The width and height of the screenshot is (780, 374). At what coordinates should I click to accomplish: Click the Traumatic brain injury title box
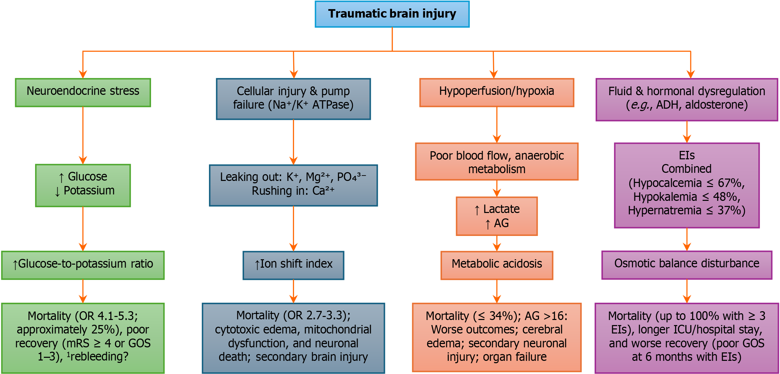[x=392, y=14]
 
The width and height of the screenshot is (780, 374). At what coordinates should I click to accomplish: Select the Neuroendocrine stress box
[x=83, y=92]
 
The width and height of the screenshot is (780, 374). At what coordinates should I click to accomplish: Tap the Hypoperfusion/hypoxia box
[x=497, y=92]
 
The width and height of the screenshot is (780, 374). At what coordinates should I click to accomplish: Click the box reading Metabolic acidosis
[x=497, y=265]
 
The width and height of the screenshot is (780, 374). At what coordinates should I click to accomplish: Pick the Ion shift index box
[x=293, y=265]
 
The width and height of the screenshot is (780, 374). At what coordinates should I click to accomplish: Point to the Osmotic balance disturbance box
[x=687, y=265]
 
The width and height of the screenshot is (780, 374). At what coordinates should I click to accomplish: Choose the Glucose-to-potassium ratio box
[x=83, y=265]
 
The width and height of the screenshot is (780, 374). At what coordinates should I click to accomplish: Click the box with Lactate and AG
[x=497, y=216]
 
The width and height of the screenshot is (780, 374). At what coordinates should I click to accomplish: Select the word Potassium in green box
[x=89, y=191]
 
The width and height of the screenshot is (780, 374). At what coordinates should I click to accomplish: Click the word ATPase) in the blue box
[x=333, y=105]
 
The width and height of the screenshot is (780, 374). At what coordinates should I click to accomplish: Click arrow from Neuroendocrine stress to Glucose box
[x=83, y=135]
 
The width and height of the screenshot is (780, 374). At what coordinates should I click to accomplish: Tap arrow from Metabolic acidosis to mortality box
[x=497, y=291]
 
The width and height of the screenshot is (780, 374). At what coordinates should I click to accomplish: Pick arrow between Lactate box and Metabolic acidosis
[x=497, y=243]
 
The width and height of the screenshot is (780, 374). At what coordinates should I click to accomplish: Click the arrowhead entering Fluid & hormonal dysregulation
[x=691, y=74]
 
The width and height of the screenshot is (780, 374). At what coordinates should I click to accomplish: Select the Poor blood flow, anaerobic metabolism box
[x=497, y=162]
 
